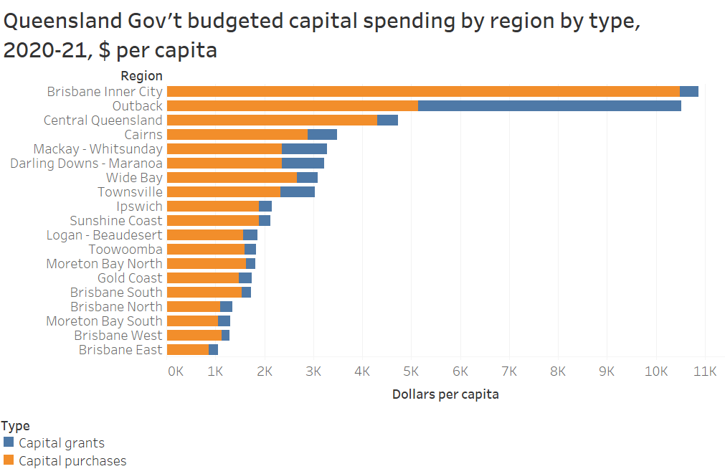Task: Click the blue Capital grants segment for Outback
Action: click(549, 106)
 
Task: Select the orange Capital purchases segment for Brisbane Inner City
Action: click(423, 92)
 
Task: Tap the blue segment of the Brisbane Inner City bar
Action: click(689, 92)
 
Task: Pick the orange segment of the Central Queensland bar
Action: click(272, 120)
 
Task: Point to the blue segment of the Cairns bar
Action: click(322, 135)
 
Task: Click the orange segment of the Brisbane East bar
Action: click(188, 350)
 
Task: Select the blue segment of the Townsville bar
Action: click(298, 192)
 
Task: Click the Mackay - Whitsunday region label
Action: click(98, 149)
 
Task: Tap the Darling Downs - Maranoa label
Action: click(86, 164)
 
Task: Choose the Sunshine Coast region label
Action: click(116, 221)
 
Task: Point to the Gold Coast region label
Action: click(130, 278)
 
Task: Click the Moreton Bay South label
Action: click(104, 321)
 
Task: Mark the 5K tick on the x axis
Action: click(411, 371)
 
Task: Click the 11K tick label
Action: click(705, 371)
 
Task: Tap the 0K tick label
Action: click(176, 371)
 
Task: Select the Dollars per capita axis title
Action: click(445, 394)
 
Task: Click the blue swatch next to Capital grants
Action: click(9, 442)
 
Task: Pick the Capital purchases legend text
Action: click(72, 461)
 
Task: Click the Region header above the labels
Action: click(141, 76)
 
